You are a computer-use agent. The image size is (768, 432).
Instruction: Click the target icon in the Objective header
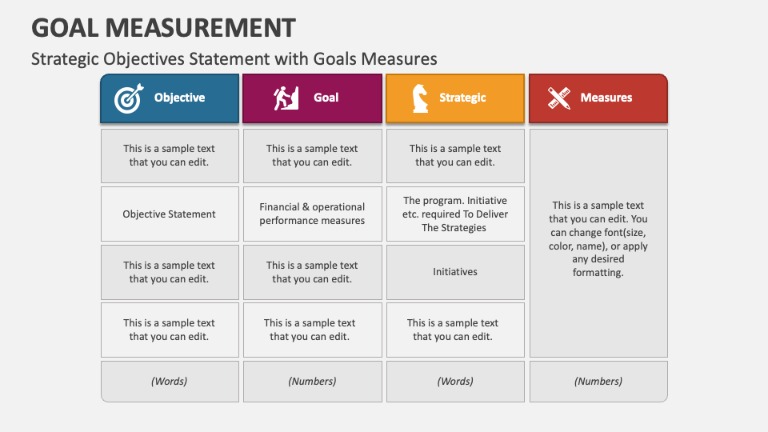tap(129, 98)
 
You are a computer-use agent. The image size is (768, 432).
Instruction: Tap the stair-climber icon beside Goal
tap(286, 98)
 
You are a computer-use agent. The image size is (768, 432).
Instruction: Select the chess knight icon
tap(420, 98)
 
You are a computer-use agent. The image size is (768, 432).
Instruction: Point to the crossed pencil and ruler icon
tap(559, 98)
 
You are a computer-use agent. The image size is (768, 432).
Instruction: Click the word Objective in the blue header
tap(179, 98)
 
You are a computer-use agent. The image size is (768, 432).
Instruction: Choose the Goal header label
tap(326, 98)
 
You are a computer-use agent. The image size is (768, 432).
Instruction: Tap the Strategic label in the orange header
tap(462, 98)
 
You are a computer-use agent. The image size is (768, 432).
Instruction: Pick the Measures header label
tap(606, 98)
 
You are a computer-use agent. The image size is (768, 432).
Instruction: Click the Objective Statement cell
tap(170, 214)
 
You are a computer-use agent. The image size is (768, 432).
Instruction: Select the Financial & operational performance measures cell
tap(313, 214)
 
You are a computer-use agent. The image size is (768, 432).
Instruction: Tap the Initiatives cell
tap(455, 272)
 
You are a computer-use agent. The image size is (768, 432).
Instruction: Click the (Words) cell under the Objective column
tap(170, 381)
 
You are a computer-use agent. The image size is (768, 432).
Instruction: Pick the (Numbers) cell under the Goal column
tap(313, 381)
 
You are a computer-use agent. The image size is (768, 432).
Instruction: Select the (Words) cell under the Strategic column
tap(455, 381)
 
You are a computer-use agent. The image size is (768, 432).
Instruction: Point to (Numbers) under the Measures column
tap(598, 381)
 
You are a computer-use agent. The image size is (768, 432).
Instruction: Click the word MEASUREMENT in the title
tap(200, 28)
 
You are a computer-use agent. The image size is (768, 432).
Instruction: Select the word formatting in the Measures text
tap(598, 272)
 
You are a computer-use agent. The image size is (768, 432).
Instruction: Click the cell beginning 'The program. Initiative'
tap(455, 214)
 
